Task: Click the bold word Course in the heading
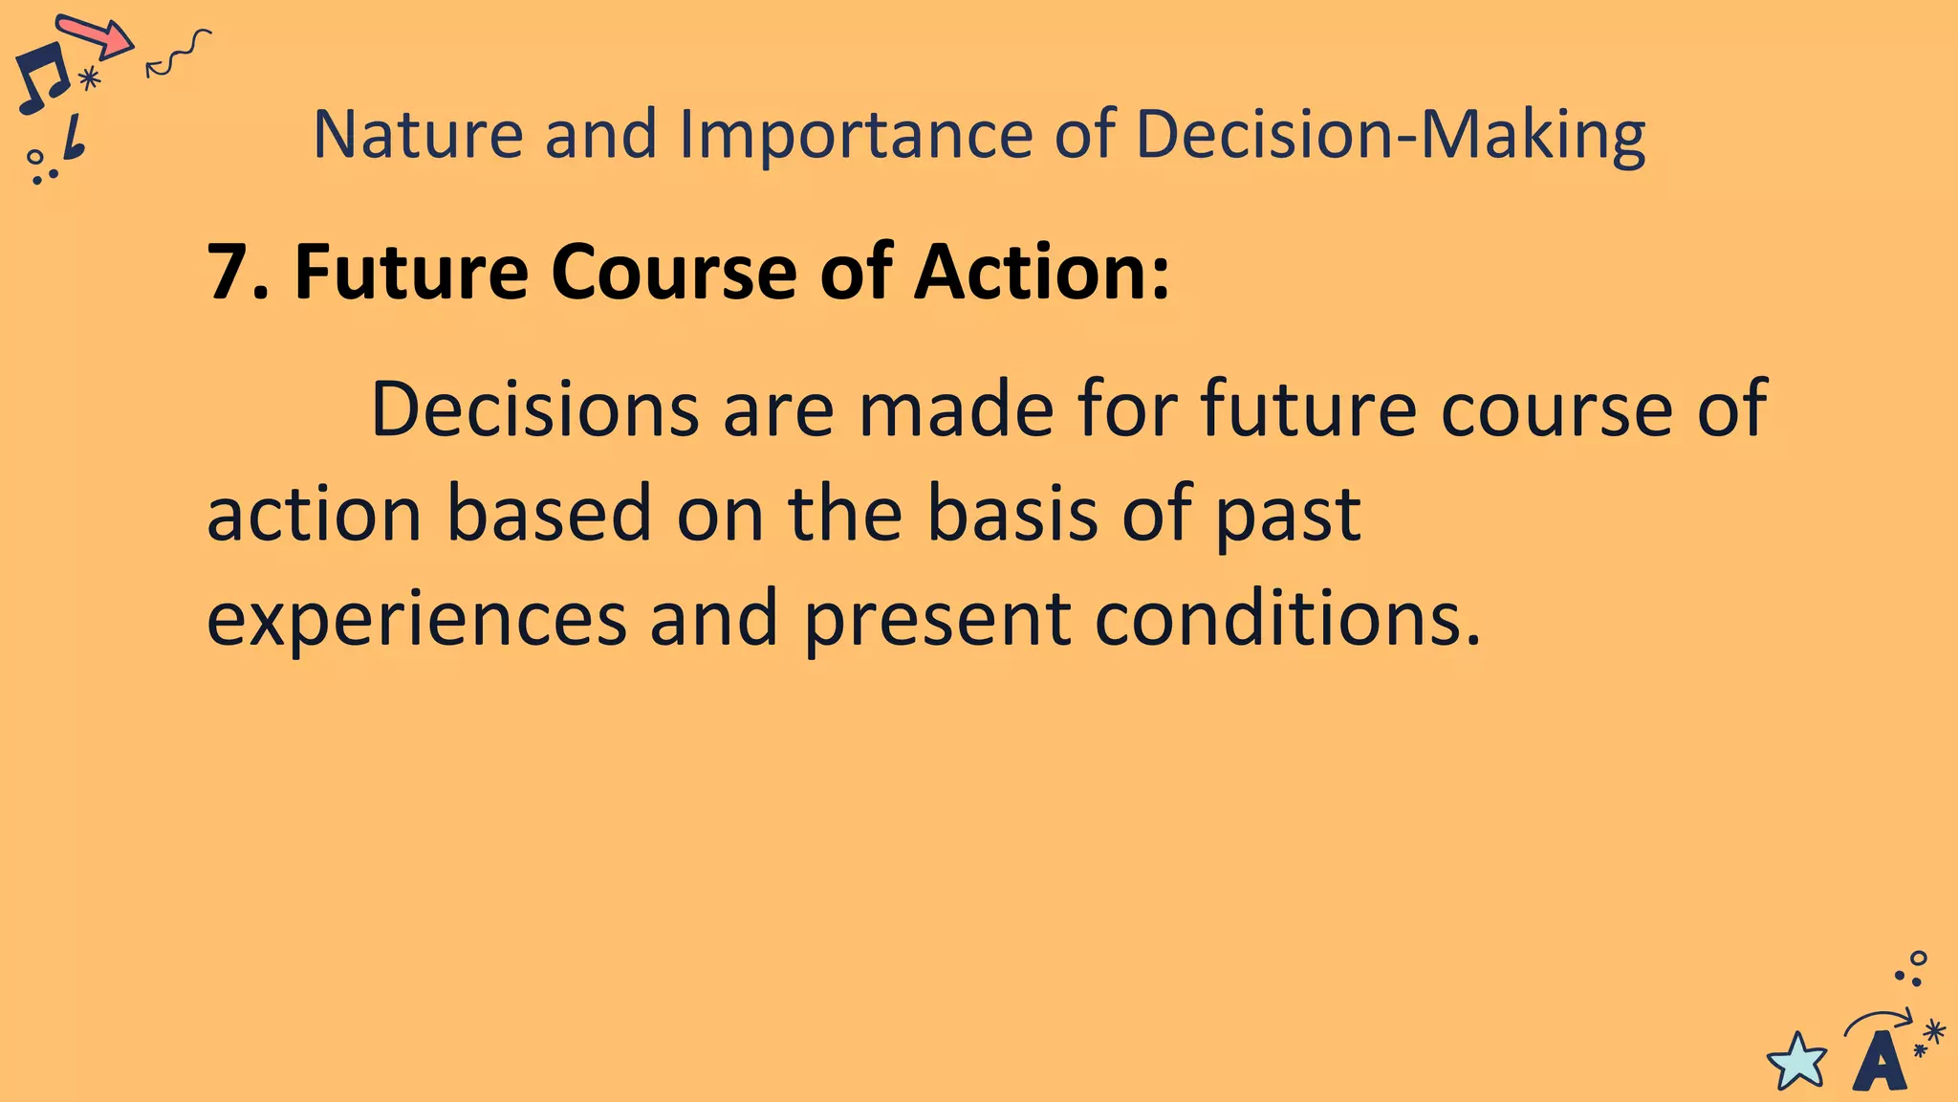point(673,273)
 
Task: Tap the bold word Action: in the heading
point(1041,273)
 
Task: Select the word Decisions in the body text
point(534,409)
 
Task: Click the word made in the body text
point(956,409)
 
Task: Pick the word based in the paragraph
point(549,514)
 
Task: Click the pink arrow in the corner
point(96,36)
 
